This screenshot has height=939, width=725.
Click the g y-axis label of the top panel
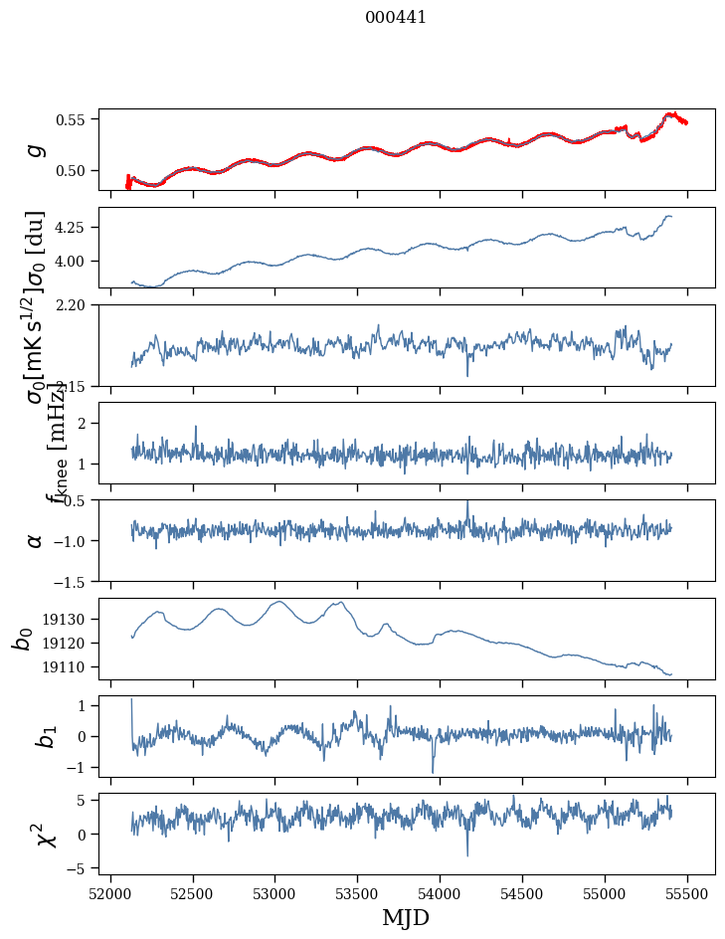36,149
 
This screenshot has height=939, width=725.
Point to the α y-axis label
36,540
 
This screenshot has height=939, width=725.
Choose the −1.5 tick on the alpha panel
71,581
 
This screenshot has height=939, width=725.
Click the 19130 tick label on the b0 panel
68,619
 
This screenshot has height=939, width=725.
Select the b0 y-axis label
22,639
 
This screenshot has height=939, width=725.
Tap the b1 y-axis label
22,736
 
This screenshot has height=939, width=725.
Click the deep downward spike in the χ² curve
467,855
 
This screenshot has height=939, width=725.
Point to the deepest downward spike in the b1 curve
433,772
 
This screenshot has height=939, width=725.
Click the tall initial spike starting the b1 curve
131,700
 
